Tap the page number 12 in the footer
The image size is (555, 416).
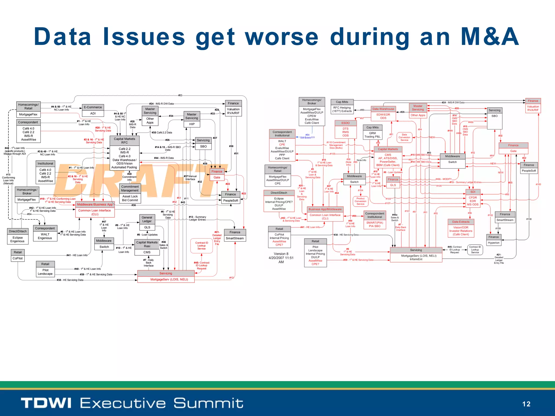[x=526, y=404]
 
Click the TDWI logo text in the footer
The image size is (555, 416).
[x=46, y=403]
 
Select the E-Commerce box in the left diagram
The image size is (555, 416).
[x=93, y=107]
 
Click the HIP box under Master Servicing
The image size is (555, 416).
[x=192, y=124]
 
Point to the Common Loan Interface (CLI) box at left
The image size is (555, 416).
[x=95, y=212]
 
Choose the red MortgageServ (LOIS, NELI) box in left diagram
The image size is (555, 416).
[x=166, y=279]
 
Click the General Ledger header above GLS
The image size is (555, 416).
[x=147, y=219]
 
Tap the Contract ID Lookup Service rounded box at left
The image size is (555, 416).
[x=201, y=246]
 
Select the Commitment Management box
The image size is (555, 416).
[x=130, y=188]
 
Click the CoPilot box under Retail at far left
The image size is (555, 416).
[x=18, y=258]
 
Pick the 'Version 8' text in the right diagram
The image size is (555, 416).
[x=281, y=254]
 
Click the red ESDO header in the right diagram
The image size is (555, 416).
[x=345, y=123]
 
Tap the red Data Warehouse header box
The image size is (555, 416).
[x=383, y=109]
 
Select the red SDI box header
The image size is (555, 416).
[x=473, y=192]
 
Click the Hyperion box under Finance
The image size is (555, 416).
[x=493, y=243]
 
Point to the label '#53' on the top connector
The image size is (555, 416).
[x=180, y=95]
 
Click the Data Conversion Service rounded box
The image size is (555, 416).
[x=404, y=137]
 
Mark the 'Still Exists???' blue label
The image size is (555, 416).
[x=307, y=138]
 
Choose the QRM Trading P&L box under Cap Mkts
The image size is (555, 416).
[x=372, y=135]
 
